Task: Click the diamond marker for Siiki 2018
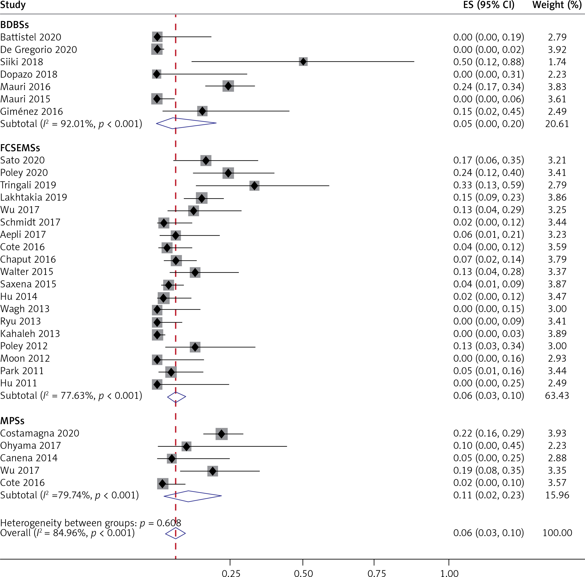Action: pyautogui.click(x=303, y=62)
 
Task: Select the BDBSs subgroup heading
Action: pyautogui.click(x=14, y=25)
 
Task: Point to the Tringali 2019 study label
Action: pyautogui.click(x=28, y=185)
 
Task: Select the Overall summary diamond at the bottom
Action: pyautogui.click(x=175, y=533)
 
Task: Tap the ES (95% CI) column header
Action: pyautogui.click(x=489, y=5)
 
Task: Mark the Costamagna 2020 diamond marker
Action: pyautogui.click(x=221, y=434)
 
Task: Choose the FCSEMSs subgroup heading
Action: pyautogui.click(x=20, y=148)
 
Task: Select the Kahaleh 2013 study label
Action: pyautogui.click(x=30, y=333)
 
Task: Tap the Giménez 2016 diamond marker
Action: pyautogui.click(x=202, y=111)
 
